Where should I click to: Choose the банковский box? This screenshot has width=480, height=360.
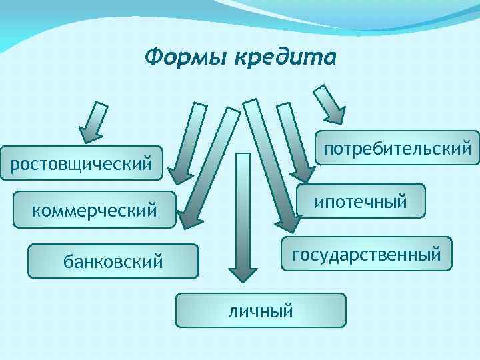113,261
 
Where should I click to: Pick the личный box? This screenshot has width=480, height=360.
261,310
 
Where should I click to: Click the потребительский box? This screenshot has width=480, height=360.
397,147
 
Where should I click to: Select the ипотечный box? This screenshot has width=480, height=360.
361,201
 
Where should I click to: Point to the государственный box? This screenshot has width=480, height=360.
366,253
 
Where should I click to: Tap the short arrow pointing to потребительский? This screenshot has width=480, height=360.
330,103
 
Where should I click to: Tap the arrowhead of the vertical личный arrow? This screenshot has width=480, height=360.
243,273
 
